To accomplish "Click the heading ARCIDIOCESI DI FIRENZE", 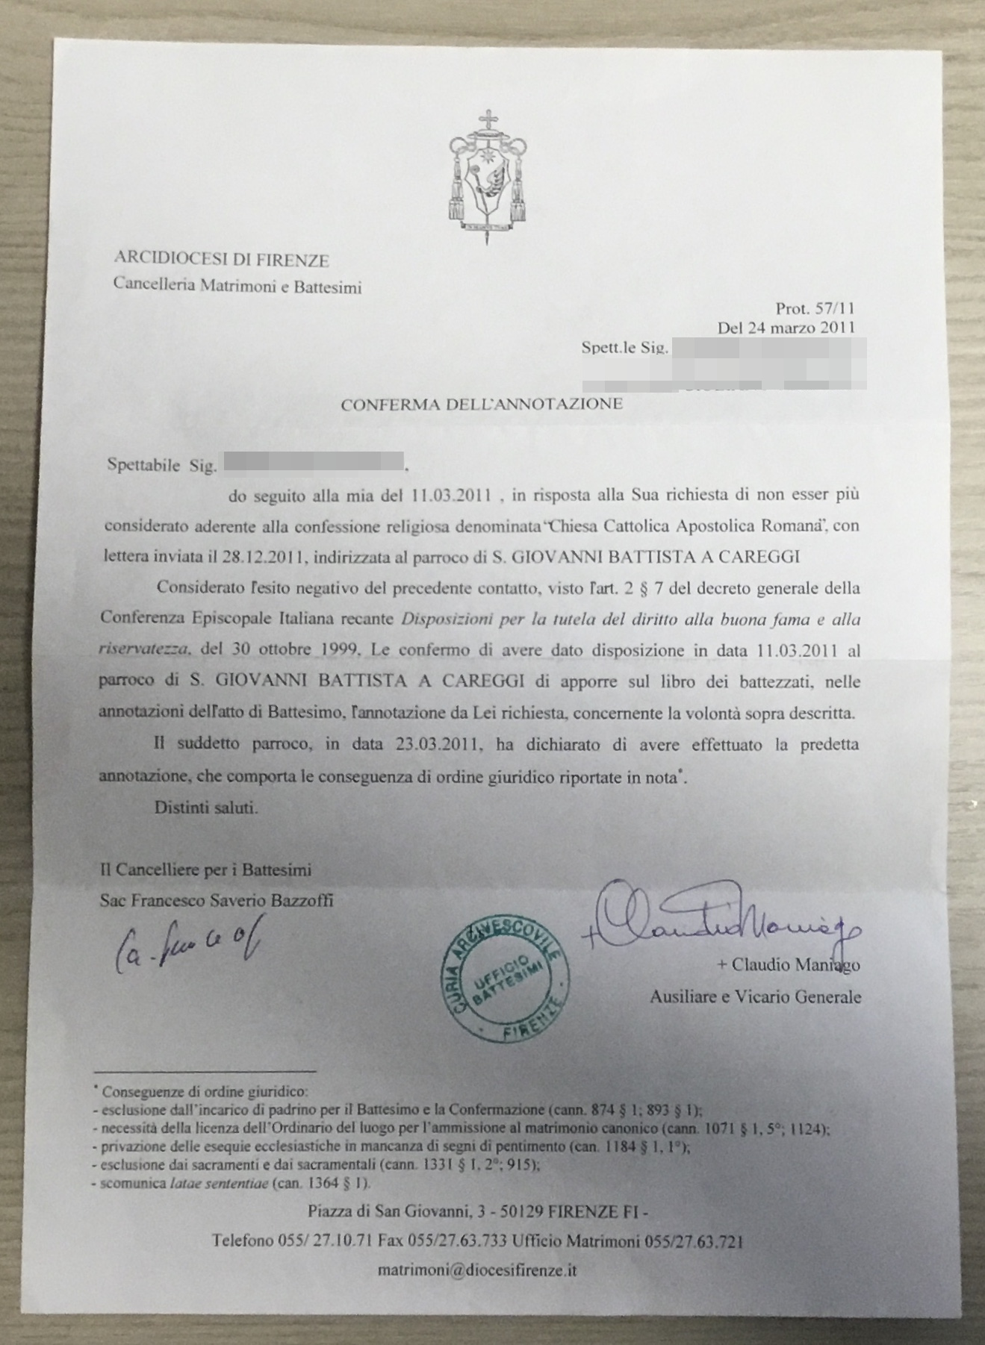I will [x=221, y=260].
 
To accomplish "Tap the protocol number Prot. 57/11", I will [x=815, y=308].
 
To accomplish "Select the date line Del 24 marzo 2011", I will [x=786, y=327].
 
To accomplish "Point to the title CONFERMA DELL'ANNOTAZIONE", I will [x=482, y=405].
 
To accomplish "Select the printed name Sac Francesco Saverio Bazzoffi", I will [x=217, y=900].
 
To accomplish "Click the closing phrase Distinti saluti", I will [x=206, y=807].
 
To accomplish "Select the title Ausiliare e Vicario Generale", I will [x=755, y=996].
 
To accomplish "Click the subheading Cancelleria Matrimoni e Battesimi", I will [x=237, y=285].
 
